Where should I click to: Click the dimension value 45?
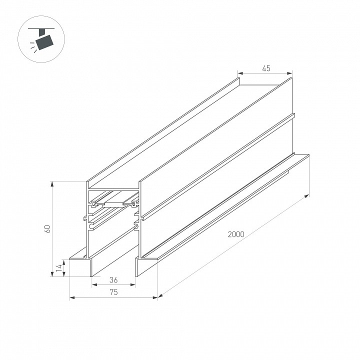(265, 68)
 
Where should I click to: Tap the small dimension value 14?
(58, 268)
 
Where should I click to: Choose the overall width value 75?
(113, 292)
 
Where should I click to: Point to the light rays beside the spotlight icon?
(33, 46)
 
